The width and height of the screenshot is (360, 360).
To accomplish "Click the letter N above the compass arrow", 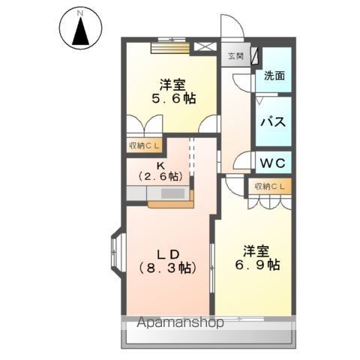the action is click(x=80, y=13).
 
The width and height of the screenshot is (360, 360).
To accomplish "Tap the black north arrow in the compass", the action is click(x=80, y=31).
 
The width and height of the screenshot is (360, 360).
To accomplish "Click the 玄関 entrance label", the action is click(x=235, y=56).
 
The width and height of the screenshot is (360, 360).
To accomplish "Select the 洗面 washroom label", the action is click(x=274, y=76).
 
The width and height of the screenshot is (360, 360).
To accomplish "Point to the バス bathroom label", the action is click(x=273, y=122).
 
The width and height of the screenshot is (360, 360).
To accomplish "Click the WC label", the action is click(x=273, y=163).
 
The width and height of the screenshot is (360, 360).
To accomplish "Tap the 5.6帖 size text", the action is click(x=173, y=99).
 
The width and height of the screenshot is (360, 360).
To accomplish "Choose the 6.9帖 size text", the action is click(x=257, y=265).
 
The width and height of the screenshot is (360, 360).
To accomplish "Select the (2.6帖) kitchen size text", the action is click(x=160, y=177).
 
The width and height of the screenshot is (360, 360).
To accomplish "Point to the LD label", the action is click(x=168, y=254).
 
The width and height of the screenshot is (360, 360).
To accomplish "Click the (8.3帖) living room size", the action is click(x=167, y=268).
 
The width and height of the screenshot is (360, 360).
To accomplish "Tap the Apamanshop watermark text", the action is click(x=180, y=322).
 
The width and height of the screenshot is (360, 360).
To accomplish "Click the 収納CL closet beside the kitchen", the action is click(x=144, y=145).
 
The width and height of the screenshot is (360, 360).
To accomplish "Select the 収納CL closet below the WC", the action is click(x=270, y=187).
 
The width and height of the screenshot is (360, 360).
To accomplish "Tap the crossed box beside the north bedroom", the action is click(x=205, y=47).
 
